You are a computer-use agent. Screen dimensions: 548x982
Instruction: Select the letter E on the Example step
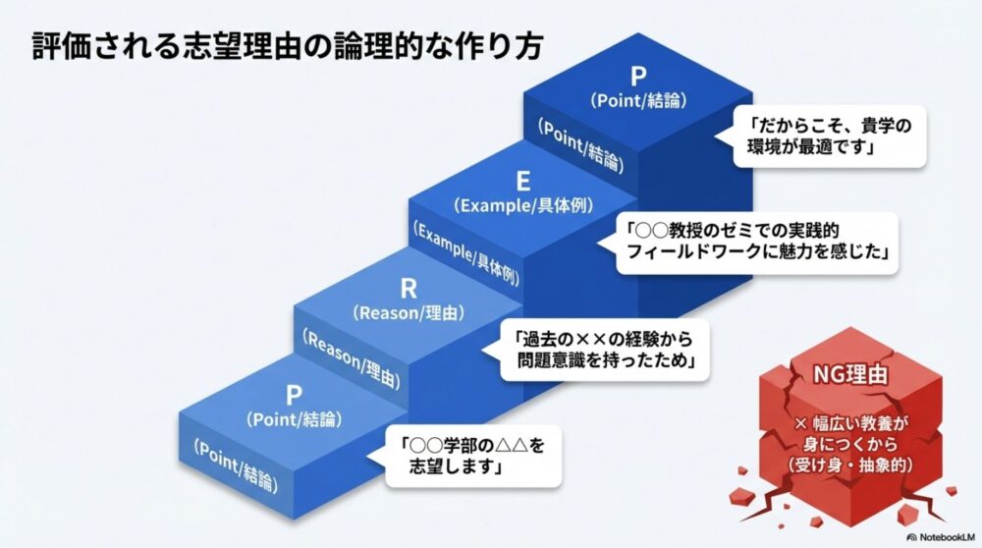coord(523,182)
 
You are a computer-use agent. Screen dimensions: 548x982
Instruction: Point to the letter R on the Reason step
coord(409,290)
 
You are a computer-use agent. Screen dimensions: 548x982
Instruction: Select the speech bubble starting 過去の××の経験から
coord(605,350)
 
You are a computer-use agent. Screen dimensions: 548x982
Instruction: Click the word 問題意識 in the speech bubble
coord(565,361)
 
